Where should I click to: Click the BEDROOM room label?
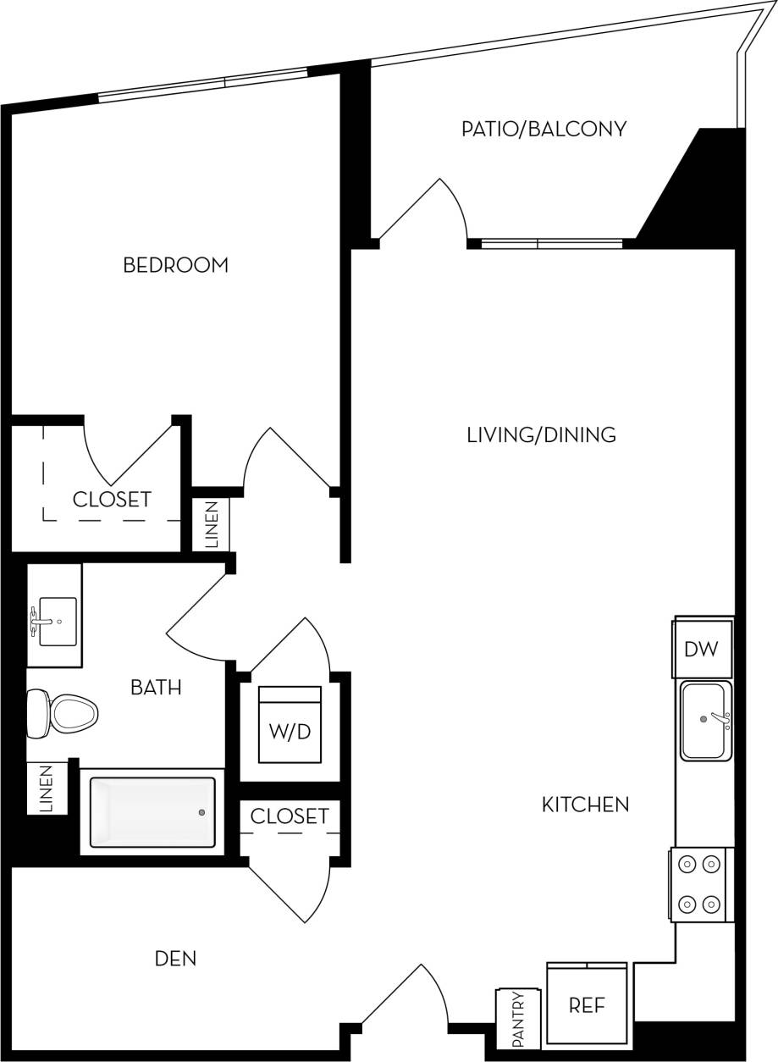coord(175,265)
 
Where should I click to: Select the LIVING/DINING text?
coord(541,435)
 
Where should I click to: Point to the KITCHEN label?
coord(585,804)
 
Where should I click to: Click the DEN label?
coord(175,959)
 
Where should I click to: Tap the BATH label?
coord(156,687)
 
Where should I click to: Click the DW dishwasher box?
coord(701,650)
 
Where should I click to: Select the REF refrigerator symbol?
coord(587,1005)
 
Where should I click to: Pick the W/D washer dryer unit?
coord(290,725)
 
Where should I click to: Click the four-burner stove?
coord(700,884)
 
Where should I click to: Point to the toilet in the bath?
coord(63,713)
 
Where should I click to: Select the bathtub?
coord(152,812)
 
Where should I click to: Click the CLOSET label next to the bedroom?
coord(112,500)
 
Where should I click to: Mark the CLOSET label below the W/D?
coord(290,816)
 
